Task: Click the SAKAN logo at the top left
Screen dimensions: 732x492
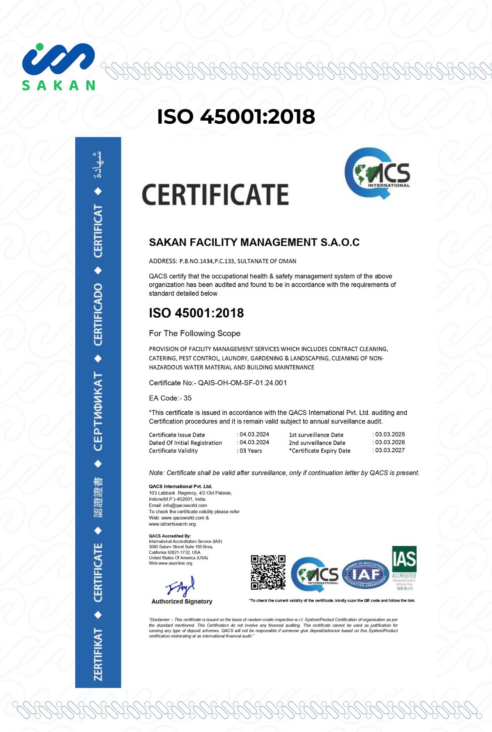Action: [x=59, y=66]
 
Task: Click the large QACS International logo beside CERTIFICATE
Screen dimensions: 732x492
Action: [x=377, y=173]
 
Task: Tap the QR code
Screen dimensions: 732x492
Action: [x=268, y=572]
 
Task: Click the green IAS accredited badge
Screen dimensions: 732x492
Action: [x=404, y=568]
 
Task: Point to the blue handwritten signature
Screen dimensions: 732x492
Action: [x=180, y=586]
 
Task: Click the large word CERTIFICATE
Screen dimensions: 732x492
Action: [x=215, y=194]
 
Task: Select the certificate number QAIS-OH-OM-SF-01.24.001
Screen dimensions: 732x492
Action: [x=242, y=383]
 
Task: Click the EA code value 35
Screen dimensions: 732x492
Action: [x=187, y=398]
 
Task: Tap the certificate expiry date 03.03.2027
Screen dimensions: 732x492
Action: [x=390, y=450]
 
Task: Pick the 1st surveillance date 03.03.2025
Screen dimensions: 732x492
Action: [x=390, y=434]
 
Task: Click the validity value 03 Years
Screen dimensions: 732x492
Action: [x=251, y=450]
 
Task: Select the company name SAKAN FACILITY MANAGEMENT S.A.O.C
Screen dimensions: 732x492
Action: [x=254, y=242]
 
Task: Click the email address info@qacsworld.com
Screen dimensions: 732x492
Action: [x=185, y=505]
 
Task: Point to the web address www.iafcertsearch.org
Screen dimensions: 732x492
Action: [x=172, y=524]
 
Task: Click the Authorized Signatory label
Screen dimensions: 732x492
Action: [x=182, y=601]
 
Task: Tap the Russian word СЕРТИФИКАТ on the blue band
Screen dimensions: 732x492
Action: [x=98, y=411]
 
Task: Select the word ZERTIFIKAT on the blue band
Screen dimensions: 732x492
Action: [x=98, y=654]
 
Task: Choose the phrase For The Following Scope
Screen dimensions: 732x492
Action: [x=195, y=333]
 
